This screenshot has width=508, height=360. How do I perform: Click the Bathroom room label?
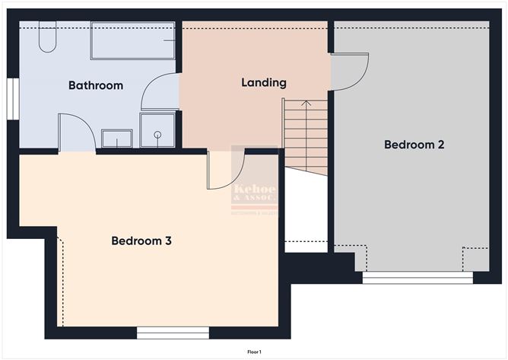(x=96, y=85)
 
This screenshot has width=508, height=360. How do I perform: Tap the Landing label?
(x=264, y=82)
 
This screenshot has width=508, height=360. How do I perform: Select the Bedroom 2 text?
(x=414, y=144)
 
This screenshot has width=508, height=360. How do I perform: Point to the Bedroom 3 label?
(x=141, y=241)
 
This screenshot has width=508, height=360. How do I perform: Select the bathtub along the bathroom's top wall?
(x=134, y=40)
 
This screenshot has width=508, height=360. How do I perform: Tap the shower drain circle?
(x=158, y=134)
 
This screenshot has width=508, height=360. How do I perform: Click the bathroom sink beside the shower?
(x=117, y=139)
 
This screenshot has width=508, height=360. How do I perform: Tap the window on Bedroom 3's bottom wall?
(x=173, y=333)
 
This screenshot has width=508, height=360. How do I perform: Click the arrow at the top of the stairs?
(x=306, y=104)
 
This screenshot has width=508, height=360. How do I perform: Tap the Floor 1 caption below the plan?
(x=254, y=352)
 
